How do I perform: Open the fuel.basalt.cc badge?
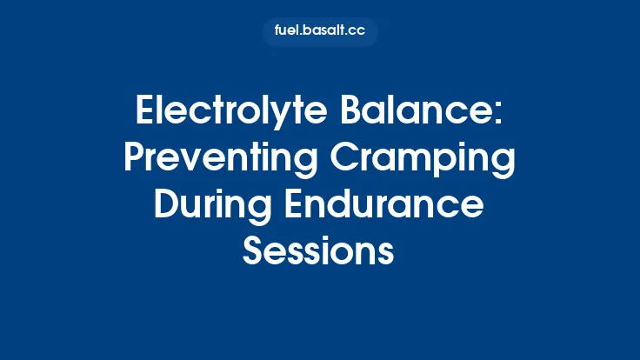(320, 31)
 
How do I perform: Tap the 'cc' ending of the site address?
(356, 31)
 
